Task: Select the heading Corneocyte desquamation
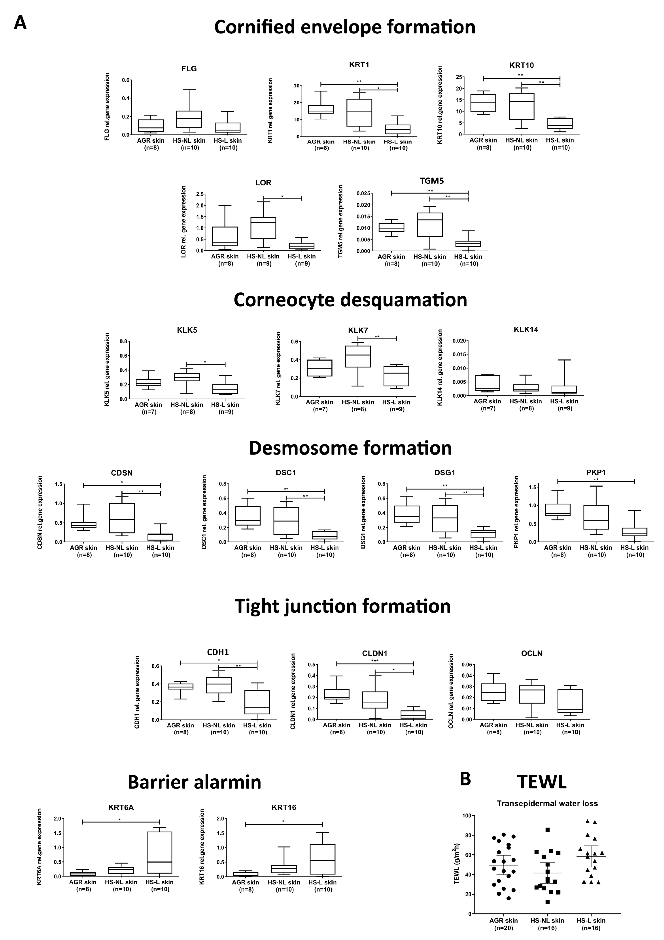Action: point(350,300)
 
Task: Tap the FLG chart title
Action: point(189,69)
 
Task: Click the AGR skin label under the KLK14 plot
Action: point(487,401)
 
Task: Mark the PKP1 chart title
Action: point(596,472)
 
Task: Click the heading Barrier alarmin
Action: point(194,782)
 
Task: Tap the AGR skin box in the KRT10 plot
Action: point(483,103)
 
